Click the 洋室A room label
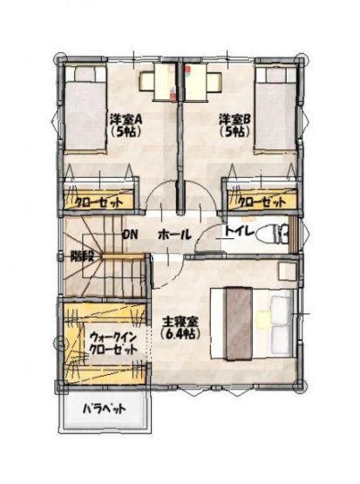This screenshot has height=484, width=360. [x=126, y=119]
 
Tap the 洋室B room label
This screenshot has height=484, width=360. [x=235, y=119]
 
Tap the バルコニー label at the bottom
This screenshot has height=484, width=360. [x=105, y=408]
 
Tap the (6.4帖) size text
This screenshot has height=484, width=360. [x=181, y=334]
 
